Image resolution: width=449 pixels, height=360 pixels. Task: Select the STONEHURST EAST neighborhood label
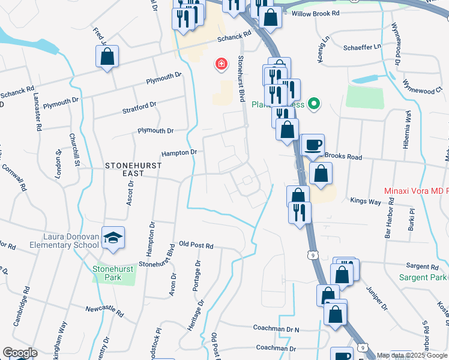(125, 169)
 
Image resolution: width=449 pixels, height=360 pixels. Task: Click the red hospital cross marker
(221, 64)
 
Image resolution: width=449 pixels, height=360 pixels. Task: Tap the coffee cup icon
(312, 145)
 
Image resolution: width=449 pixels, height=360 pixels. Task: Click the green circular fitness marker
(313, 104)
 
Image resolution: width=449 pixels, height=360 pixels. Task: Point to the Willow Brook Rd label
(315, 13)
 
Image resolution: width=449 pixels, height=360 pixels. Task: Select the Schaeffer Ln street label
(362, 47)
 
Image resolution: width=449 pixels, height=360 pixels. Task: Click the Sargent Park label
(424, 277)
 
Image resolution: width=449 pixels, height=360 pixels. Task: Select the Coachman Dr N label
(276, 329)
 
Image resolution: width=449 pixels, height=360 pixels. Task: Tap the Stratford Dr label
(139, 107)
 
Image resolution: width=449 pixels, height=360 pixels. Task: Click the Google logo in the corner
(20, 353)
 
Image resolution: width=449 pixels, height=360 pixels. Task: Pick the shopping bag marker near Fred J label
(107, 58)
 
